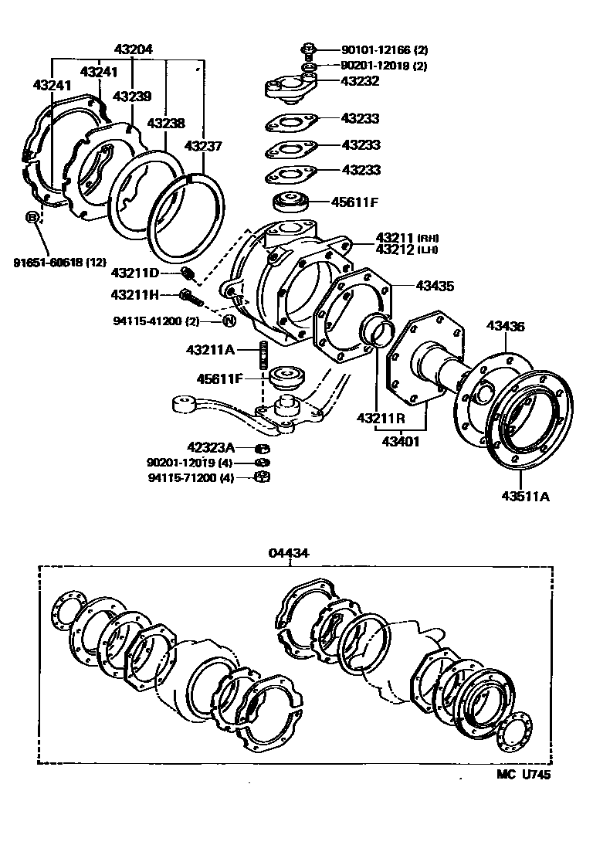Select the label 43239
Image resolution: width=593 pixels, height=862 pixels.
pyautogui.click(x=132, y=97)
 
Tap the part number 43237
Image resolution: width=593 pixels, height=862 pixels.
pyautogui.click(x=202, y=145)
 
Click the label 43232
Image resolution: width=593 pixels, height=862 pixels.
pyautogui.click(x=361, y=80)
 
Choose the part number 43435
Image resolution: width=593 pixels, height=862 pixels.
pyautogui.click(x=435, y=287)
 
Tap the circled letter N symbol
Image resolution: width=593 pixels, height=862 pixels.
pyautogui.click(x=229, y=321)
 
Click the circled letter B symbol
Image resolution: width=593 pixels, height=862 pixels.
pyautogui.click(x=32, y=217)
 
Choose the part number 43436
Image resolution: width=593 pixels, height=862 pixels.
pyautogui.click(x=505, y=327)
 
